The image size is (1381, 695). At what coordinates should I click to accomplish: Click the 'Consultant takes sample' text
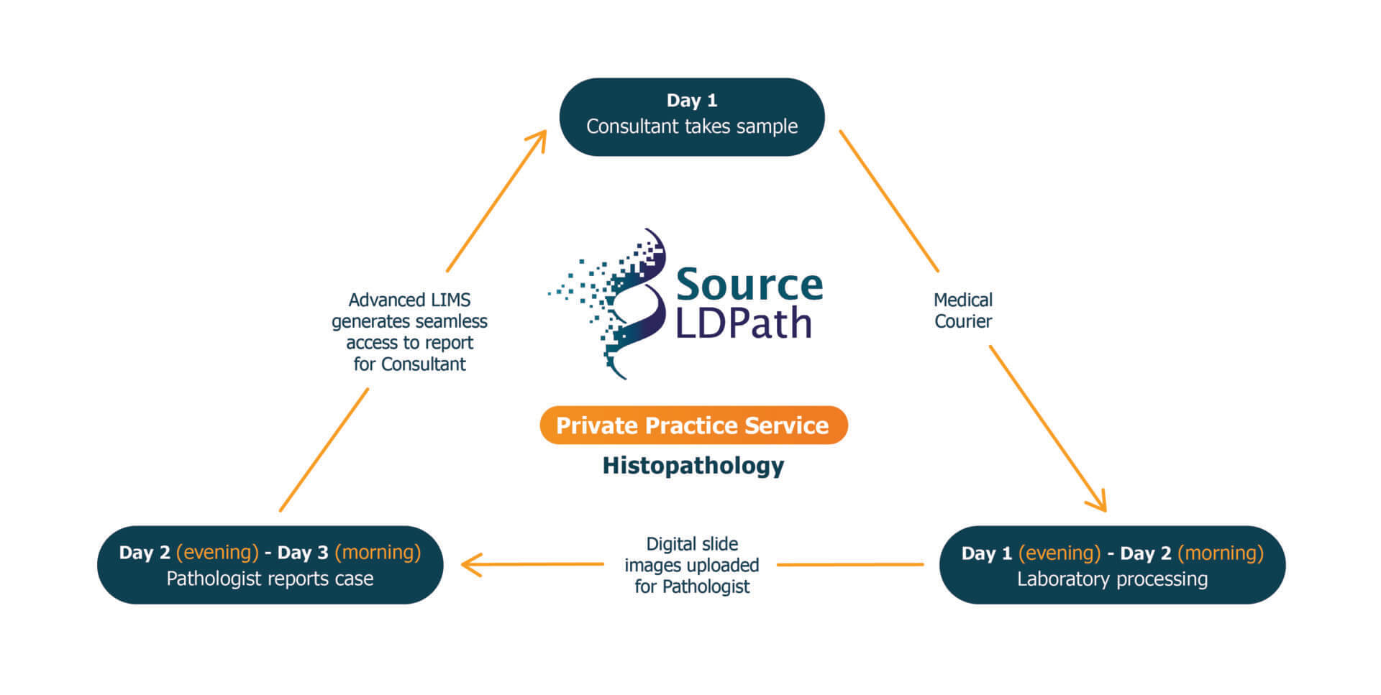691,126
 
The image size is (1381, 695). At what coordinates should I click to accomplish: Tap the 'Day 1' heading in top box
691,101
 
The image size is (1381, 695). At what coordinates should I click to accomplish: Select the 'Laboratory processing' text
1112,579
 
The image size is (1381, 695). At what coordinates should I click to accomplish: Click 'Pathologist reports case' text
270,579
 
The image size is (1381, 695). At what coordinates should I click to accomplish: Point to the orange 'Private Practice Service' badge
693,425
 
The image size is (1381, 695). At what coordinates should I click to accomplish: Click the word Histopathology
693,466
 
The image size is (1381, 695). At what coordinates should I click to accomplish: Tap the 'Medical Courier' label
962,310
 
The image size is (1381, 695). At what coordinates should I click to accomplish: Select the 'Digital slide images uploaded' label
691,565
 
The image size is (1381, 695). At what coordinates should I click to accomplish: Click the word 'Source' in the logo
749,285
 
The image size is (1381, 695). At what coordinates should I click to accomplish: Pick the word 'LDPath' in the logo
744,323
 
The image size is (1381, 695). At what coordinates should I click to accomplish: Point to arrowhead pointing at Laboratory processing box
1099,503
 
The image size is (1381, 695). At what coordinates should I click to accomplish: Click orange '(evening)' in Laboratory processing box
1059,553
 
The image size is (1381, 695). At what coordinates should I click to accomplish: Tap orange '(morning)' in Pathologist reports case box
378,553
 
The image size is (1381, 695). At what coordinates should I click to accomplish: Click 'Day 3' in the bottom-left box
303,553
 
